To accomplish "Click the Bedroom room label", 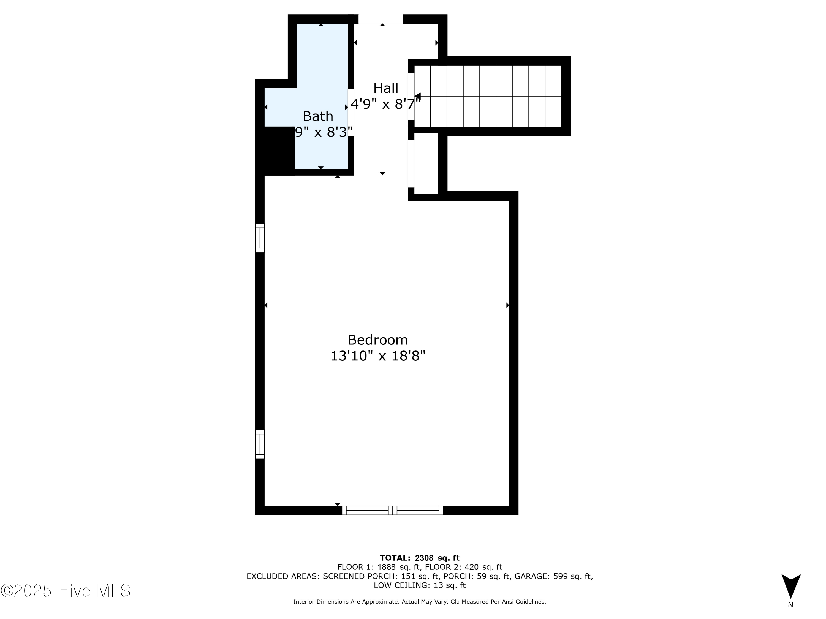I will click(x=377, y=340).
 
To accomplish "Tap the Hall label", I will click(x=386, y=88).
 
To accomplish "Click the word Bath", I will click(x=318, y=116).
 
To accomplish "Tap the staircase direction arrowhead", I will click(x=417, y=96).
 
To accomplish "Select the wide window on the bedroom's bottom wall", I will click(x=392, y=510).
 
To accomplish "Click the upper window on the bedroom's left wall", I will click(x=260, y=238).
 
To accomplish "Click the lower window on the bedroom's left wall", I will click(x=260, y=444).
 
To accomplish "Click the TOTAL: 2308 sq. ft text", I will click(x=419, y=558).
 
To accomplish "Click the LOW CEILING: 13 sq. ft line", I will click(x=419, y=585).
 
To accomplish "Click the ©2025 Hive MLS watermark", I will click(x=66, y=591).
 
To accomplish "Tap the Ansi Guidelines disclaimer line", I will click(x=419, y=602).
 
